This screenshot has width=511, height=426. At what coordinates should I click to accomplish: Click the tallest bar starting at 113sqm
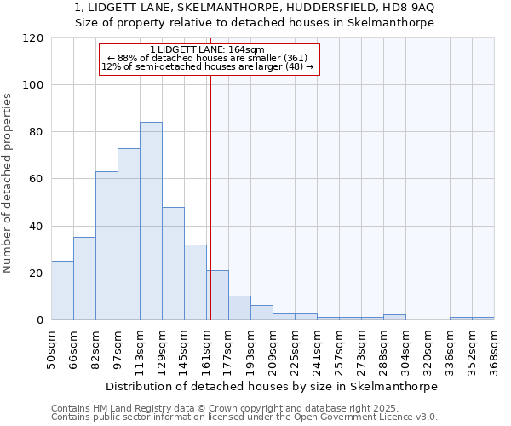151,222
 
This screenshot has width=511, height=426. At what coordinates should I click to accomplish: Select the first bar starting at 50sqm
62,291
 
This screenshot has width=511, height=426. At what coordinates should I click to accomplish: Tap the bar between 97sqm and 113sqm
129,234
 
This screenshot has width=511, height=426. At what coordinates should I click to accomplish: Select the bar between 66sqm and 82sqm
84,279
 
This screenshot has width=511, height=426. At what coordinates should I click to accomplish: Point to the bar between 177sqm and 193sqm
239,308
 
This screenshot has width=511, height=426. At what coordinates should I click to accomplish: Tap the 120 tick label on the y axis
33,38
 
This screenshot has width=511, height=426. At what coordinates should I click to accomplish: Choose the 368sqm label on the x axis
494,349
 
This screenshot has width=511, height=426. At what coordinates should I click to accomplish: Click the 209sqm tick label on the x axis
273,349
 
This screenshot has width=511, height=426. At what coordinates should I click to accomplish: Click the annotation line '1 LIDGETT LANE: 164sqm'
207,49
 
